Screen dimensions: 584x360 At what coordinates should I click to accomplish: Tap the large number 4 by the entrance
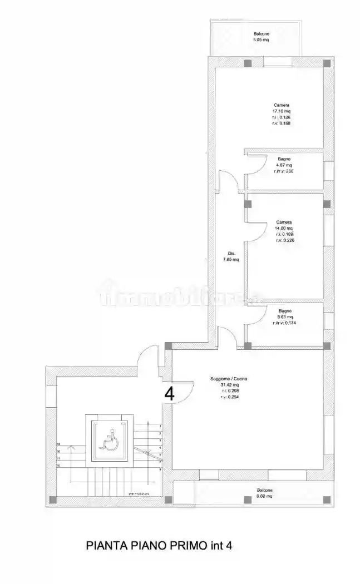pos(170,393)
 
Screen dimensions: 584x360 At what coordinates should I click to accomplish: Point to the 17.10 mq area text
pos(282,111)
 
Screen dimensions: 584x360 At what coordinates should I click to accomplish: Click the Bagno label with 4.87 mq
pos(283,159)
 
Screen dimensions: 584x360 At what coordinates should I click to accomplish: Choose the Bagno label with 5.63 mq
pos(285,310)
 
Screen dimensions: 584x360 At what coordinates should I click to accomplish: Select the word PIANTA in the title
pos(105,546)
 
